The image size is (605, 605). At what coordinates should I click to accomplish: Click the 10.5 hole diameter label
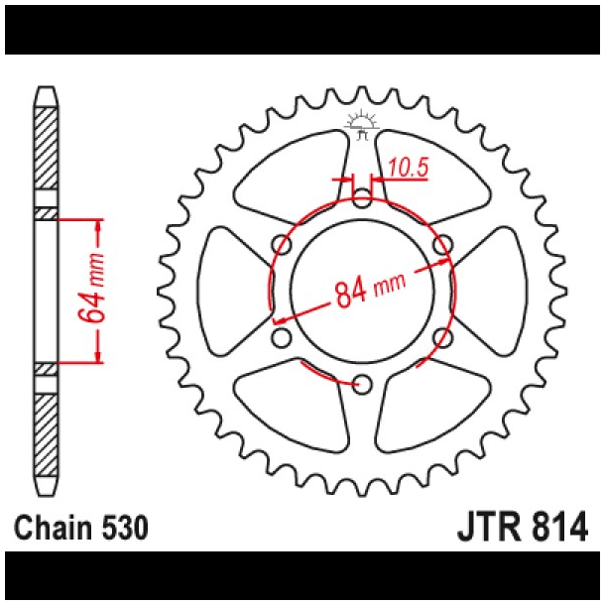click(408, 168)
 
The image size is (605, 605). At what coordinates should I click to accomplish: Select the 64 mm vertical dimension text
click(90, 290)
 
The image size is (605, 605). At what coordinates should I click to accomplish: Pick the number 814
click(568, 526)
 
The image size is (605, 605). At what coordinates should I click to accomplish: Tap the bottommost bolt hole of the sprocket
click(362, 384)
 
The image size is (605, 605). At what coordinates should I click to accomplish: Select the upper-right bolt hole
click(443, 244)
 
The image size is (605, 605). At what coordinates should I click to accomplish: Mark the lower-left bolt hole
click(281, 338)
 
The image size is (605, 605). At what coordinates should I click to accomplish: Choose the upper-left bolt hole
click(281, 244)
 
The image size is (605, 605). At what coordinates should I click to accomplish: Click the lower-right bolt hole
click(443, 338)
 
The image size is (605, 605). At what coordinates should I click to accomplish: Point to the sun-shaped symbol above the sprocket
click(362, 122)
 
